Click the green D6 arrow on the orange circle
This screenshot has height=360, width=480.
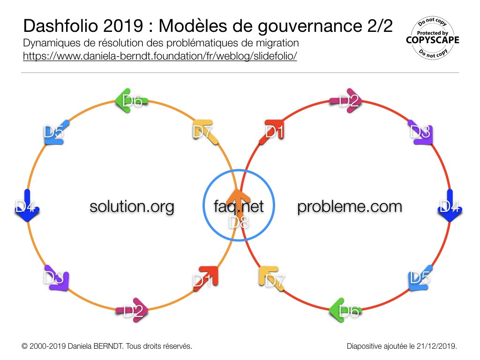[131, 101]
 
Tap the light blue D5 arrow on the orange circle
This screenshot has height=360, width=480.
[56, 133]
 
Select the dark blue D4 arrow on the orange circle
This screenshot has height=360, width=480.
[27, 205]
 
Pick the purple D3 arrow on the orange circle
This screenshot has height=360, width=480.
[57, 278]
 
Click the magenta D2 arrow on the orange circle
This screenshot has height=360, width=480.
[132, 310]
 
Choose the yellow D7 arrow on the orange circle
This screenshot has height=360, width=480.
[205, 132]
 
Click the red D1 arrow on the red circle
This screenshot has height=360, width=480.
[272, 132]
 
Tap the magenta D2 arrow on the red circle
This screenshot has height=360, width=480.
[346, 101]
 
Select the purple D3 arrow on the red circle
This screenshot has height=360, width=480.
[420, 132]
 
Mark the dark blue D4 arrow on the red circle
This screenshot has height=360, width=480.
[450, 205]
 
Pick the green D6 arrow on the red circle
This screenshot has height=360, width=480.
[345, 310]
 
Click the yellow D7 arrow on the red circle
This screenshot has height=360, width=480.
[271, 278]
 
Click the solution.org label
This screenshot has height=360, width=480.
[132, 207]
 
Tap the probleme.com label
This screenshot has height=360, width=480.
[350, 207]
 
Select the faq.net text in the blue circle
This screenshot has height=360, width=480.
[239, 207]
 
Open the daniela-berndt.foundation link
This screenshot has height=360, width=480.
[160, 56]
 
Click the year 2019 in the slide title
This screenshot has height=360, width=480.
[123, 26]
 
